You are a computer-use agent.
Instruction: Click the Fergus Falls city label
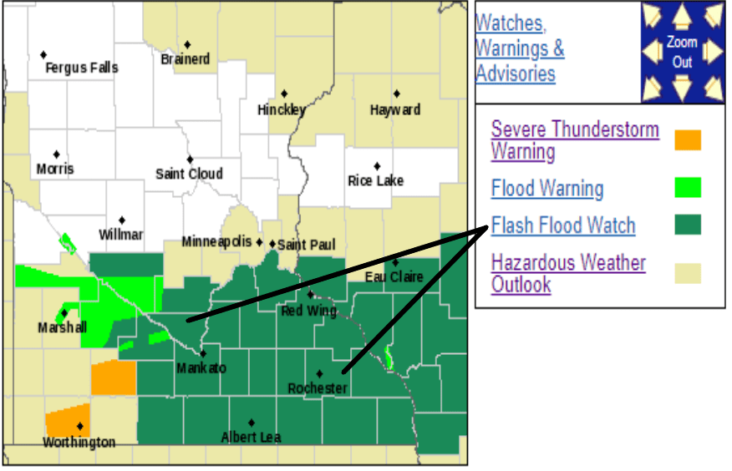pyautogui.click(x=81, y=68)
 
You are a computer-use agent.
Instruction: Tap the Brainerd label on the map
pyautogui.click(x=185, y=59)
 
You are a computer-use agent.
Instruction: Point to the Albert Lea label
pyautogui.click(x=251, y=437)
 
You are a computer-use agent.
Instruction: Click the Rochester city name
pyautogui.click(x=318, y=388)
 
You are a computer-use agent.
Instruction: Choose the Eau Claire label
pyautogui.click(x=394, y=276)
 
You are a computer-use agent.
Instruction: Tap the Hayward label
pyautogui.click(x=394, y=109)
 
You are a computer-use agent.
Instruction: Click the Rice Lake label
pyautogui.click(x=375, y=180)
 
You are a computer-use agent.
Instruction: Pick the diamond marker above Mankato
pyautogui.click(x=202, y=353)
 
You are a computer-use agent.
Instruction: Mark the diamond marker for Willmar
pyautogui.click(x=121, y=220)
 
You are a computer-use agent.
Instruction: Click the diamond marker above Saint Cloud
pyautogui.click(x=190, y=159)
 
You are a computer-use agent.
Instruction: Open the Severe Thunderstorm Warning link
pyautogui.click(x=575, y=140)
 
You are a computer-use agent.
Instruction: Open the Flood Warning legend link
pyautogui.click(x=547, y=189)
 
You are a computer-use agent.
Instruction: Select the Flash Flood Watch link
pyautogui.click(x=563, y=225)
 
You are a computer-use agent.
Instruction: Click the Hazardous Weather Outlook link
pyautogui.click(x=568, y=273)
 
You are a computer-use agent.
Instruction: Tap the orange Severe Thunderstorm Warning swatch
pyautogui.click(x=688, y=140)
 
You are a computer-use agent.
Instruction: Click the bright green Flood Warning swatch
pyautogui.click(x=688, y=188)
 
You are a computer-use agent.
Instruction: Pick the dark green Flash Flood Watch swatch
pyautogui.click(x=688, y=225)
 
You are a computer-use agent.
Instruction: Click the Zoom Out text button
pyautogui.click(x=682, y=52)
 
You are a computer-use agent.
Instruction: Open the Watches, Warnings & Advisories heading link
pyautogui.click(x=519, y=48)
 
